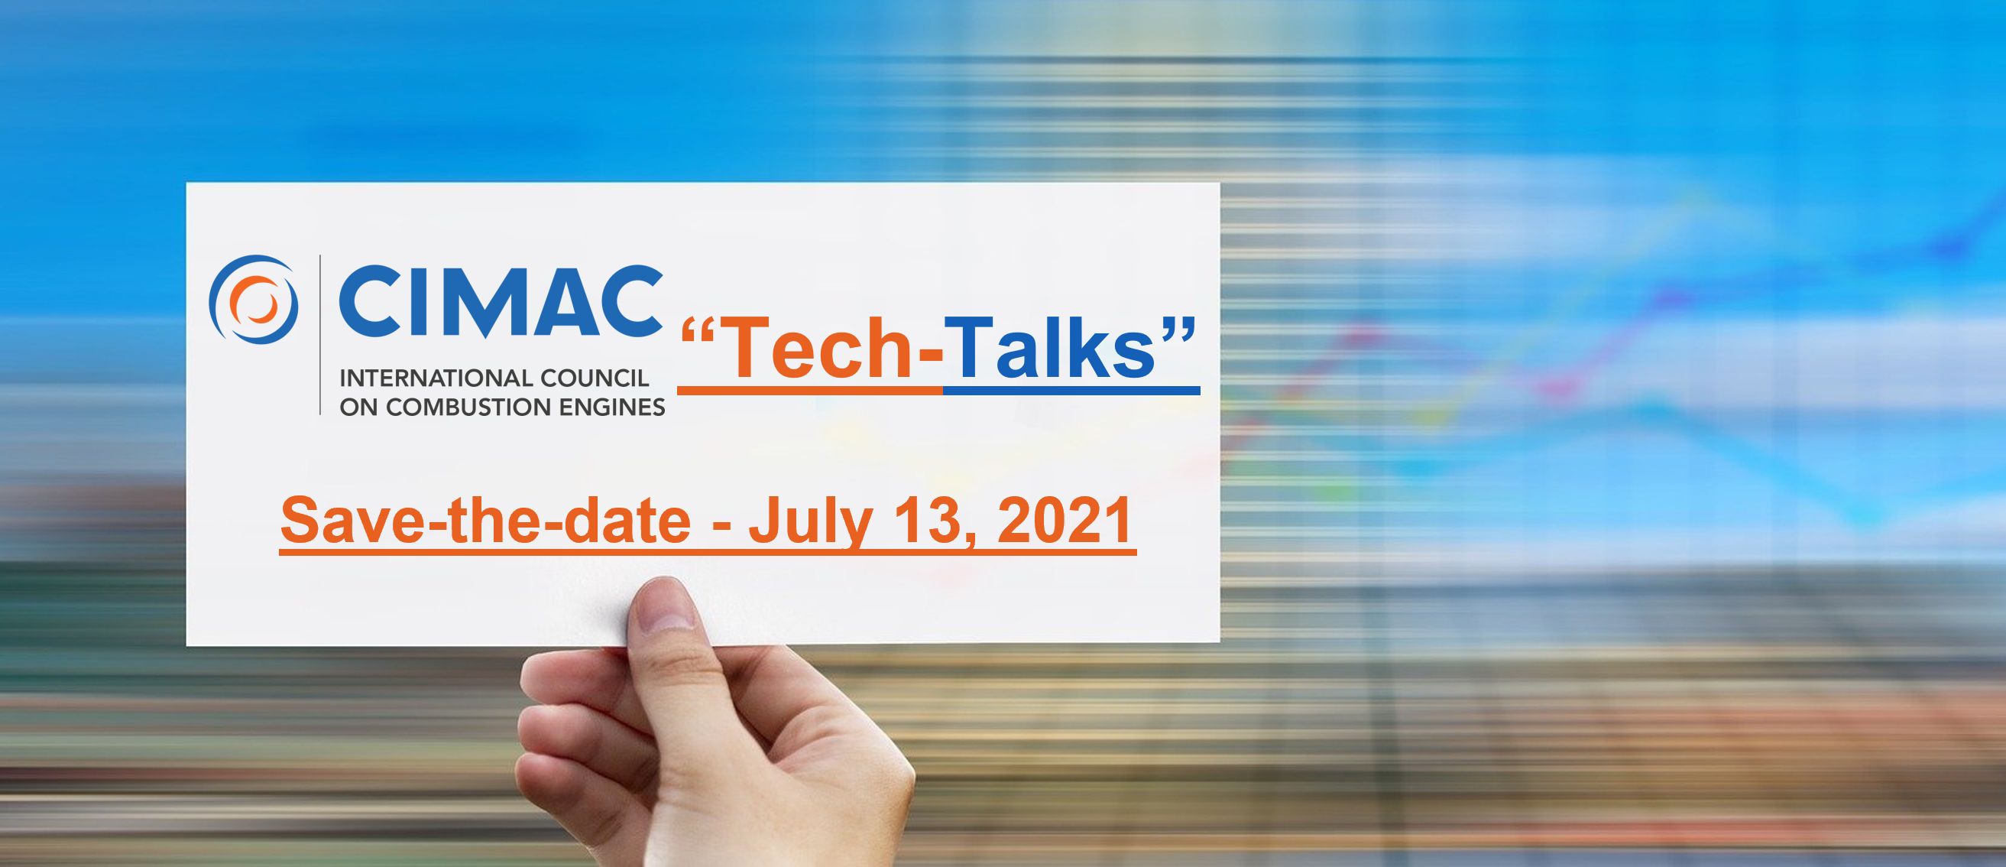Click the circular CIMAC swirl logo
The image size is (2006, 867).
click(x=253, y=300)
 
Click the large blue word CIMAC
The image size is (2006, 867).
click(x=501, y=301)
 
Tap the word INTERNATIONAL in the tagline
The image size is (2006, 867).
click(x=436, y=378)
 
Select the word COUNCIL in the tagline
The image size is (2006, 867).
click(x=595, y=378)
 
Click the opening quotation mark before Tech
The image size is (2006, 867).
click(x=698, y=331)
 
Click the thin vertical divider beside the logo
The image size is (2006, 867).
click(x=320, y=335)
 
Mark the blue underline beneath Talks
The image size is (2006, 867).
click(x=1071, y=390)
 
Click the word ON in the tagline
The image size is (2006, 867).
click(x=358, y=407)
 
